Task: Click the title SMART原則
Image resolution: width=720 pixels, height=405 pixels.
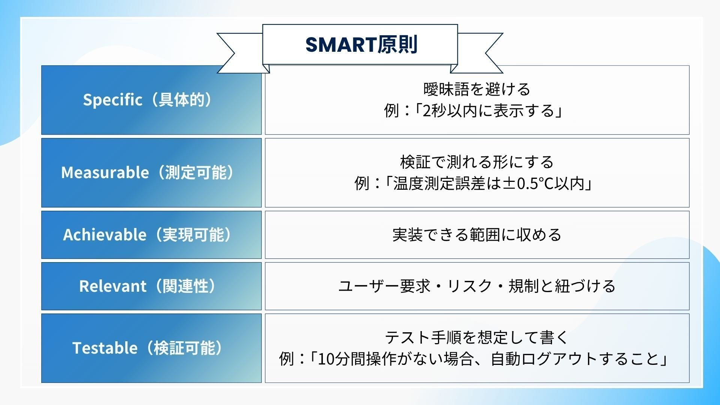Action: point(361,45)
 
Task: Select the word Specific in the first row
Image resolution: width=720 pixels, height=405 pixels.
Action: point(112,100)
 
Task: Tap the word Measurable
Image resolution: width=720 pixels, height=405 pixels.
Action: point(105,173)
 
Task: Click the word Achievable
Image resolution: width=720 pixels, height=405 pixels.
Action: point(105,235)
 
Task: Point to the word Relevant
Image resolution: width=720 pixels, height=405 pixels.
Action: point(112,286)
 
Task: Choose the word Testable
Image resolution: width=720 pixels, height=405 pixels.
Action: point(105,348)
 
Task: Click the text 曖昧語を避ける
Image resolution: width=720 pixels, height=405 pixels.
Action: point(477,89)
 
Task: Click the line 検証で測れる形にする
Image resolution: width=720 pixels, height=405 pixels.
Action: point(477,162)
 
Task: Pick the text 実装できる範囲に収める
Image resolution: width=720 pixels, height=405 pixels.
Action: point(477,235)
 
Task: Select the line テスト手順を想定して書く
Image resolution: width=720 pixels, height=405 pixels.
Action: point(477,337)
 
